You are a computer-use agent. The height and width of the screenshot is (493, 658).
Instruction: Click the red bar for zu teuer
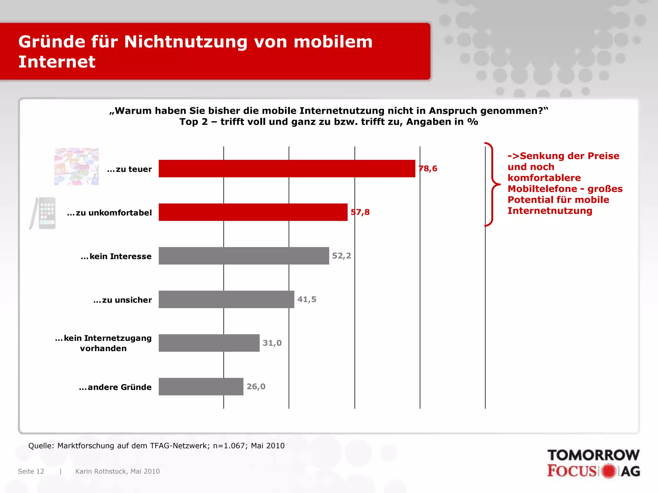pyautogui.click(x=287, y=169)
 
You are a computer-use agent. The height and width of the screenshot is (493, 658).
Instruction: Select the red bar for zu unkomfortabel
pyautogui.click(x=253, y=212)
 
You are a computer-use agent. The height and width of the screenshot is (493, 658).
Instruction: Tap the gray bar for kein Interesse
pyautogui.click(x=244, y=256)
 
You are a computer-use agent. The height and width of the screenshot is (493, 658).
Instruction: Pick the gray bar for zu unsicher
pyautogui.click(x=226, y=299)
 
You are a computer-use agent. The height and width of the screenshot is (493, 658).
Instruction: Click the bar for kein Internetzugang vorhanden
pyautogui.click(x=209, y=343)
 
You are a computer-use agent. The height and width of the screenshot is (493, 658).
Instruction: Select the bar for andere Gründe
pyautogui.click(x=201, y=387)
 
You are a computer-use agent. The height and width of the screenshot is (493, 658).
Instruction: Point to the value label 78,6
pyautogui.click(x=428, y=169)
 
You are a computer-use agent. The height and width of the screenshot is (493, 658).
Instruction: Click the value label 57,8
pyautogui.click(x=360, y=212)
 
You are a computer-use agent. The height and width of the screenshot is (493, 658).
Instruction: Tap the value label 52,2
pyautogui.click(x=342, y=256)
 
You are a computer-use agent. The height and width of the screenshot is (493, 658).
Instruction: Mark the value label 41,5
pyautogui.click(x=307, y=299)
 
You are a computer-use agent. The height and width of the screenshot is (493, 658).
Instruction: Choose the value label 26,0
pyautogui.click(x=256, y=386)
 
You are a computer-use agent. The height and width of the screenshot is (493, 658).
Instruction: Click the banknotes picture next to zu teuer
pyautogui.click(x=76, y=167)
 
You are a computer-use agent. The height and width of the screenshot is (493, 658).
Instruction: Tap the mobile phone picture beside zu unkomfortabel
pyautogui.click(x=43, y=213)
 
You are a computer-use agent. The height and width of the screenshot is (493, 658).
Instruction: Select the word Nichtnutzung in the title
pyautogui.click(x=186, y=42)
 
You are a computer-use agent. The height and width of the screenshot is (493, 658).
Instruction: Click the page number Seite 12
pyautogui.click(x=31, y=471)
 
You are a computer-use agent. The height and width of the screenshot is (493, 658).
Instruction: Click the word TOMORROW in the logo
pyautogui.click(x=593, y=455)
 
